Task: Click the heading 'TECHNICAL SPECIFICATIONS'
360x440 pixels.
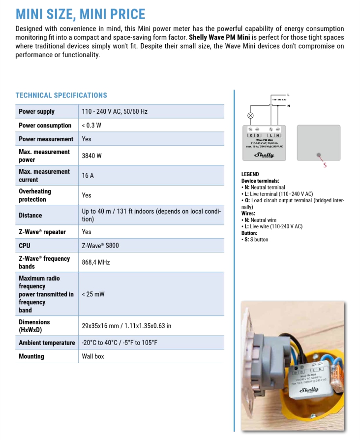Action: coord(61,95)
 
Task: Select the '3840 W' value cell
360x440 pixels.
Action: coord(92,156)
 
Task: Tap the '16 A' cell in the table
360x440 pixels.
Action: coord(88,176)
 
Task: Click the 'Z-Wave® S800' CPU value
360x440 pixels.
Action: coord(100,245)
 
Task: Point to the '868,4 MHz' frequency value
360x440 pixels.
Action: coord(96,262)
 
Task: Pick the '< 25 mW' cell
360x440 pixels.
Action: coord(93,294)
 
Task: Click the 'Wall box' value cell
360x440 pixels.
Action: coord(93,356)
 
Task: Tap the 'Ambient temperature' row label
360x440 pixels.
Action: coord(47,343)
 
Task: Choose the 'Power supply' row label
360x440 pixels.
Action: coord(36,112)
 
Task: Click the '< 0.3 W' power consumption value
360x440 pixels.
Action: coord(91,126)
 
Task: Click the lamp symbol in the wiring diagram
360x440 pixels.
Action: coord(250,116)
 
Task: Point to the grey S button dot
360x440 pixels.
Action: coord(319,155)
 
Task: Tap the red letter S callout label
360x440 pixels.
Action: coord(325,165)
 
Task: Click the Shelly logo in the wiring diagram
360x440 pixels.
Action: coord(264,155)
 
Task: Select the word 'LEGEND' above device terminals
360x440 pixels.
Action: coord(250,174)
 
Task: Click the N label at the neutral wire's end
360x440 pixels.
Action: coord(289,106)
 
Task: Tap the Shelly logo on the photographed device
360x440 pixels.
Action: coord(309,390)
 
